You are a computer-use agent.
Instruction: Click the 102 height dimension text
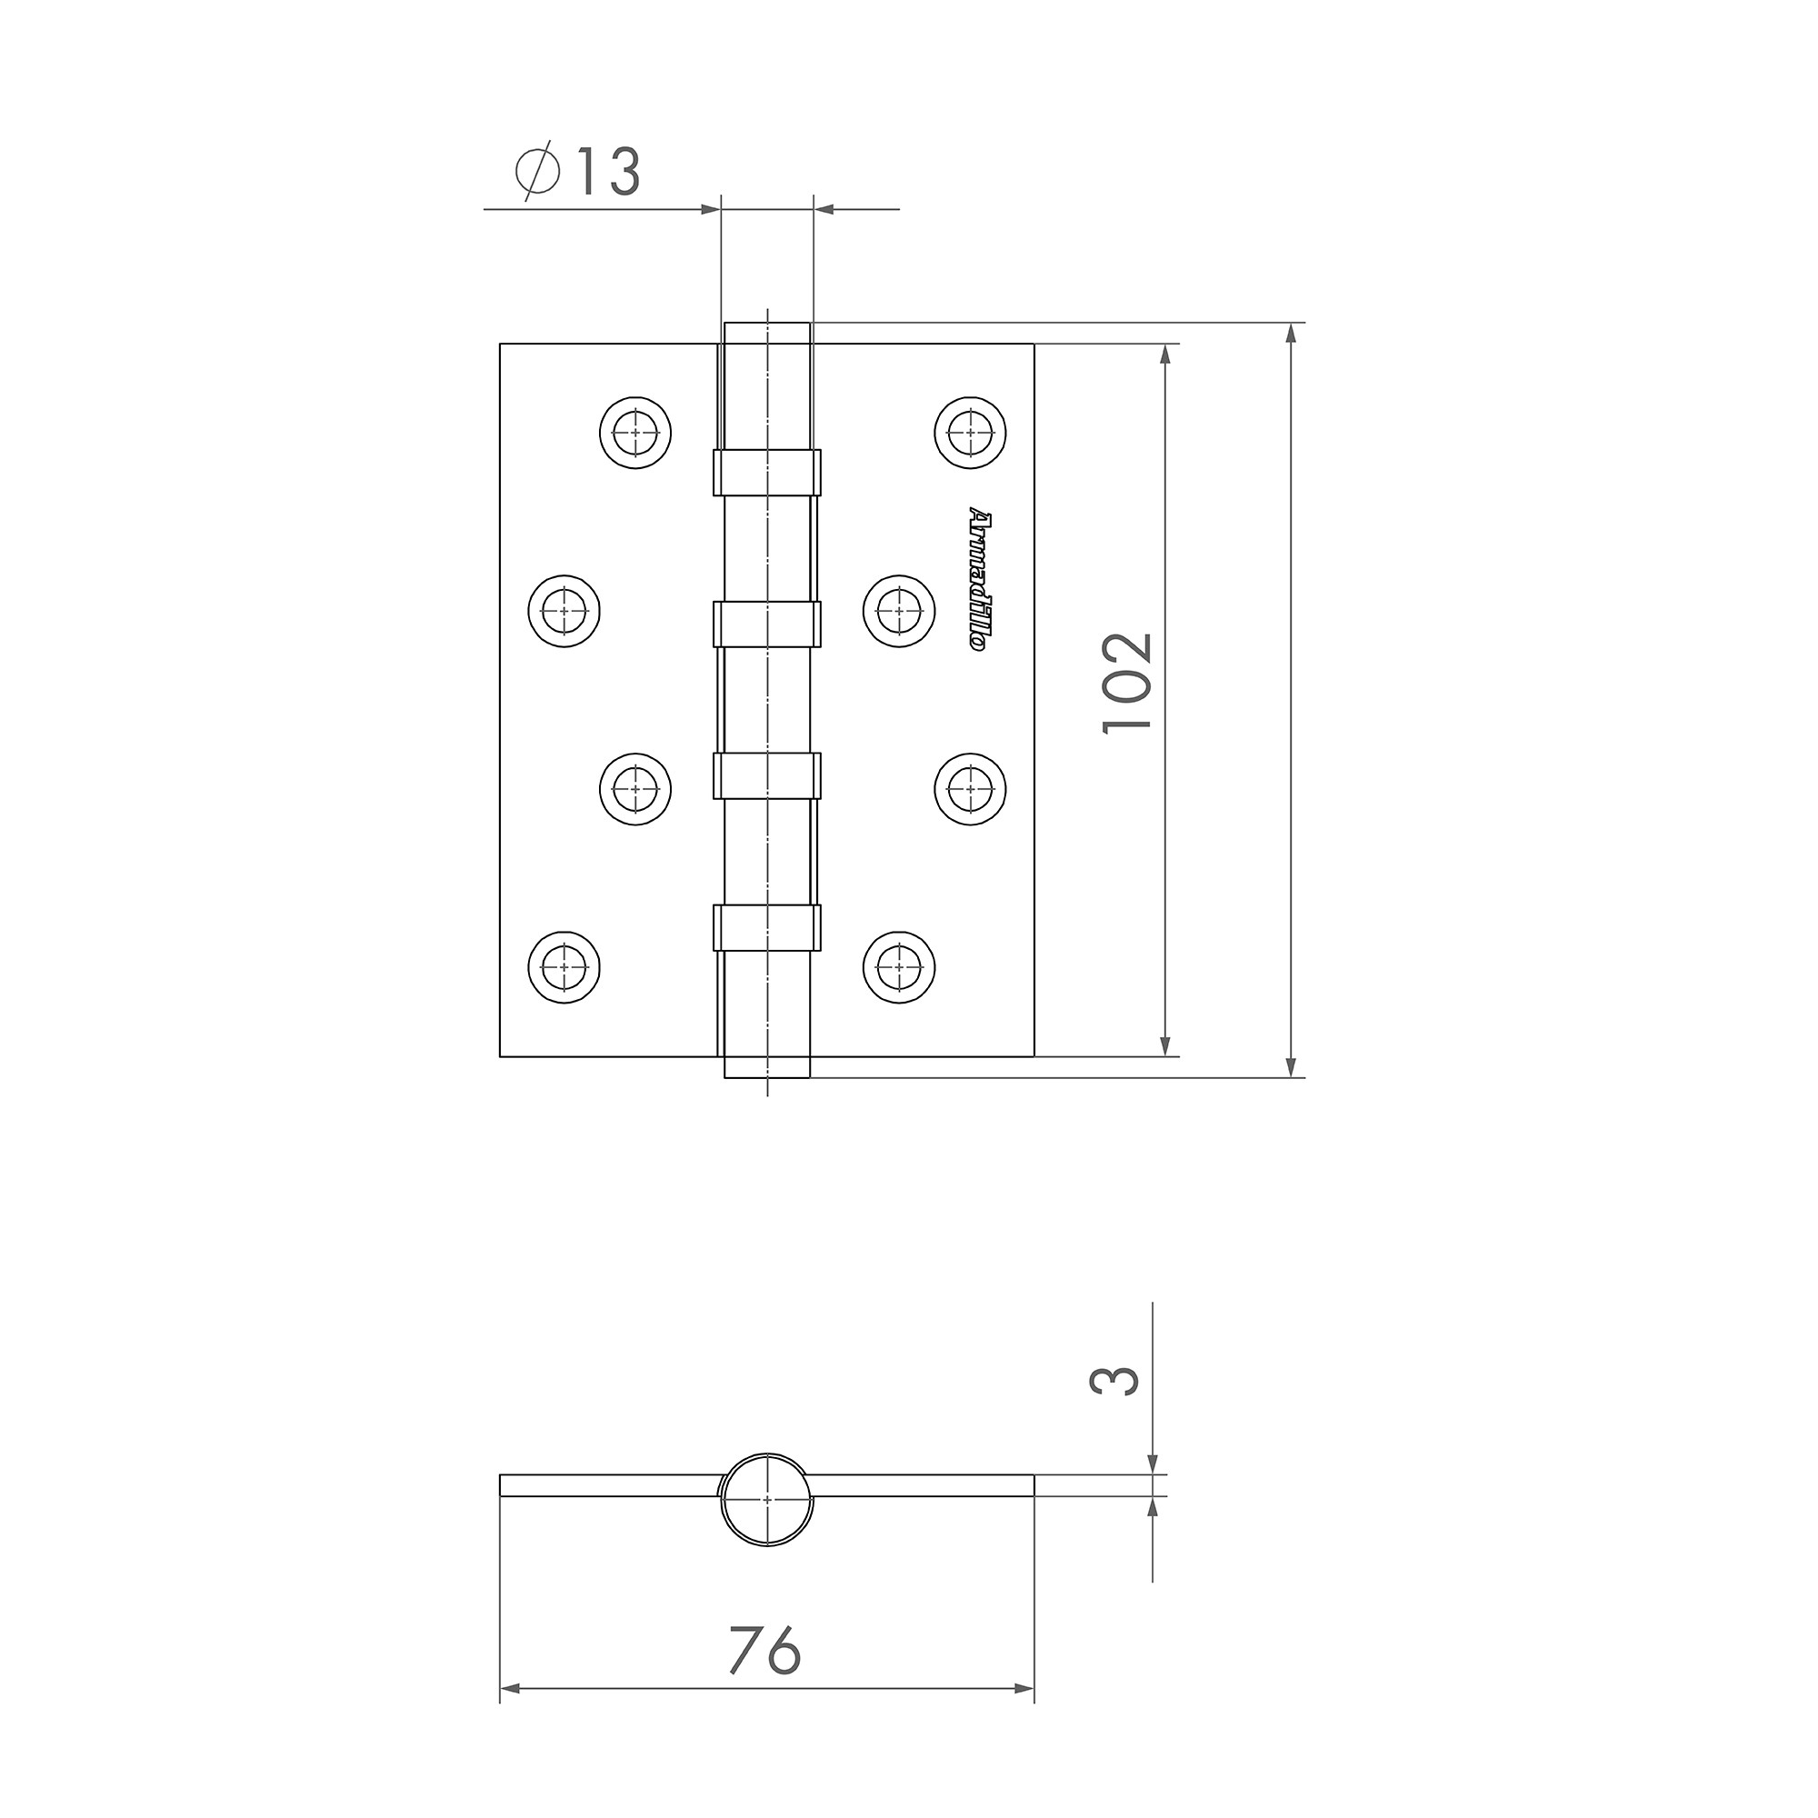click(x=1128, y=684)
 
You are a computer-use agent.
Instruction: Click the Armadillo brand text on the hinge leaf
click(x=978, y=583)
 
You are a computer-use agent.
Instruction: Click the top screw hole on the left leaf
click(x=635, y=433)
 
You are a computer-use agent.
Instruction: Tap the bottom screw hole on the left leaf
click(x=564, y=967)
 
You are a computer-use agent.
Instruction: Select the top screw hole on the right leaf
click(x=970, y=433)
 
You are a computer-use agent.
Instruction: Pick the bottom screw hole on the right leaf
click(x=899, y=967)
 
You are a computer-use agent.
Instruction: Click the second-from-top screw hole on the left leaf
click(x=564, y=611)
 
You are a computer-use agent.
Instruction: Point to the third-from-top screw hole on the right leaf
click(x=970, y=788)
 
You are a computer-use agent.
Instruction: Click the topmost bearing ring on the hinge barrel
click(x=767, y=473)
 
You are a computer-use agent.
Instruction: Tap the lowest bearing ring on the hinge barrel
click(x=767, y=928)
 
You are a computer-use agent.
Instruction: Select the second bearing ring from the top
click(x=767, y=624)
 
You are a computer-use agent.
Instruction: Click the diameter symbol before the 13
click(x=538, y=172)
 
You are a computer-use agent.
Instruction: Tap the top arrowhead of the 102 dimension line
click(x=1166, y=354)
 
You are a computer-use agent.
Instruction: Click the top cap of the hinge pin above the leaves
click(x=767, y=333)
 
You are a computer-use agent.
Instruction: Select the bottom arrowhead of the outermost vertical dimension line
click(x=1294, y=1067)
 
